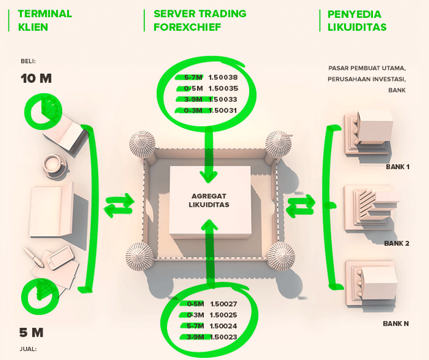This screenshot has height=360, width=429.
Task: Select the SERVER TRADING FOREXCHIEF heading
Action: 200,21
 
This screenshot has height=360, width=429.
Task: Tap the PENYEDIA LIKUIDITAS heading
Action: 356,21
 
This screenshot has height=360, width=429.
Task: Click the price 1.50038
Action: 223,77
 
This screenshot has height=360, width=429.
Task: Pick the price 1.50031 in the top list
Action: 223,110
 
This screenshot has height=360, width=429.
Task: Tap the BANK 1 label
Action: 398,166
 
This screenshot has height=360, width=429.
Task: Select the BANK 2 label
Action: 397,243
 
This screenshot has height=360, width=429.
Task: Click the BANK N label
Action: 396,322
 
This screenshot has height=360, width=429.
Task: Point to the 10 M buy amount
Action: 36,79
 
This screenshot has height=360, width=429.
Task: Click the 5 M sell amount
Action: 31,333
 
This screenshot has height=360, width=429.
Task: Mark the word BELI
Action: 28,62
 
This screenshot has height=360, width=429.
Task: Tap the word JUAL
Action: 28,349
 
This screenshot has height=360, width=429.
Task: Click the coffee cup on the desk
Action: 55,165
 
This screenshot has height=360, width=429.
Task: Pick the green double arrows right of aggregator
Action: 301,205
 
